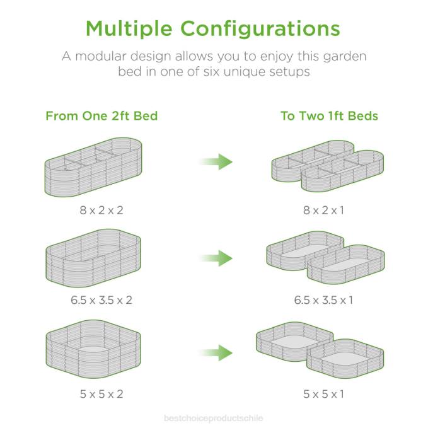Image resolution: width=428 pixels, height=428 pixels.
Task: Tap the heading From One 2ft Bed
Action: (x=101, y=116)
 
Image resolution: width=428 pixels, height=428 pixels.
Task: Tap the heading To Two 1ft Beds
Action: (x=329, y=116)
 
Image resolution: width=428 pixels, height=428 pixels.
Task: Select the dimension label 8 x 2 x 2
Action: (x=101, y=210)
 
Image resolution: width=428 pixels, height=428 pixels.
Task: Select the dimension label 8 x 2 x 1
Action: (x=323, y=210)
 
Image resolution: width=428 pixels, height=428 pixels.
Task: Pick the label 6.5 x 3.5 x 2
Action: (x=101, y=300)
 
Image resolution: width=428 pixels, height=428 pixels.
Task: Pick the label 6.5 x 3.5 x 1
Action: (x=323, y=300)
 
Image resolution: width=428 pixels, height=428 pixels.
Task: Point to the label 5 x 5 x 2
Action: (x=101, y=394)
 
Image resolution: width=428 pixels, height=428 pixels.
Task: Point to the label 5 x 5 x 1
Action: (x=323, y=394)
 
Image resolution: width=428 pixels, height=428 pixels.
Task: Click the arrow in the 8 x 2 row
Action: (x=216, y=161)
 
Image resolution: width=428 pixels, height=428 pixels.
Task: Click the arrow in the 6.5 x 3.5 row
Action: (x=216, y=258)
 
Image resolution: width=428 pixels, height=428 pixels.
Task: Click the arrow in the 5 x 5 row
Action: (x=216, y=352)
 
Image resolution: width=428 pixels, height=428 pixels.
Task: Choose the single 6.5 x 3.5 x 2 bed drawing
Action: (x=93, y=258)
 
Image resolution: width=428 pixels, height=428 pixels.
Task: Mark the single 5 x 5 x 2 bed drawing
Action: (x=93, y=349)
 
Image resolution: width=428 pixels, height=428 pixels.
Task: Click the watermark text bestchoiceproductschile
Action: (x=214, y=418)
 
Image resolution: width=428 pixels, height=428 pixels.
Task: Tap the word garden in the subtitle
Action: (x=344, y=57)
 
